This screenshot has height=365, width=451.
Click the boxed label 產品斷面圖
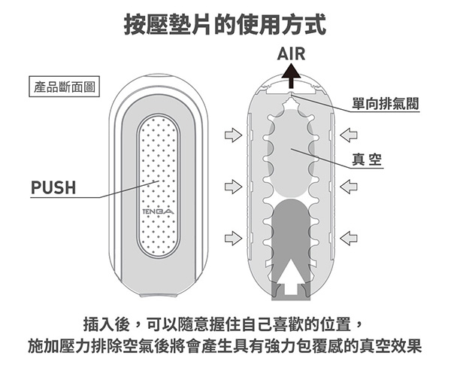(63, 88)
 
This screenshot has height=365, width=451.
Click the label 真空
(368, 158)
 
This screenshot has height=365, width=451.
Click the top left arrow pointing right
(233, 135)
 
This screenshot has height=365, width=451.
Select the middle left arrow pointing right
(233, 185)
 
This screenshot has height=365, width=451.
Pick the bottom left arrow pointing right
(233, 239)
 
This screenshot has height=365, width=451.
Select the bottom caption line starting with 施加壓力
(225, 348)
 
